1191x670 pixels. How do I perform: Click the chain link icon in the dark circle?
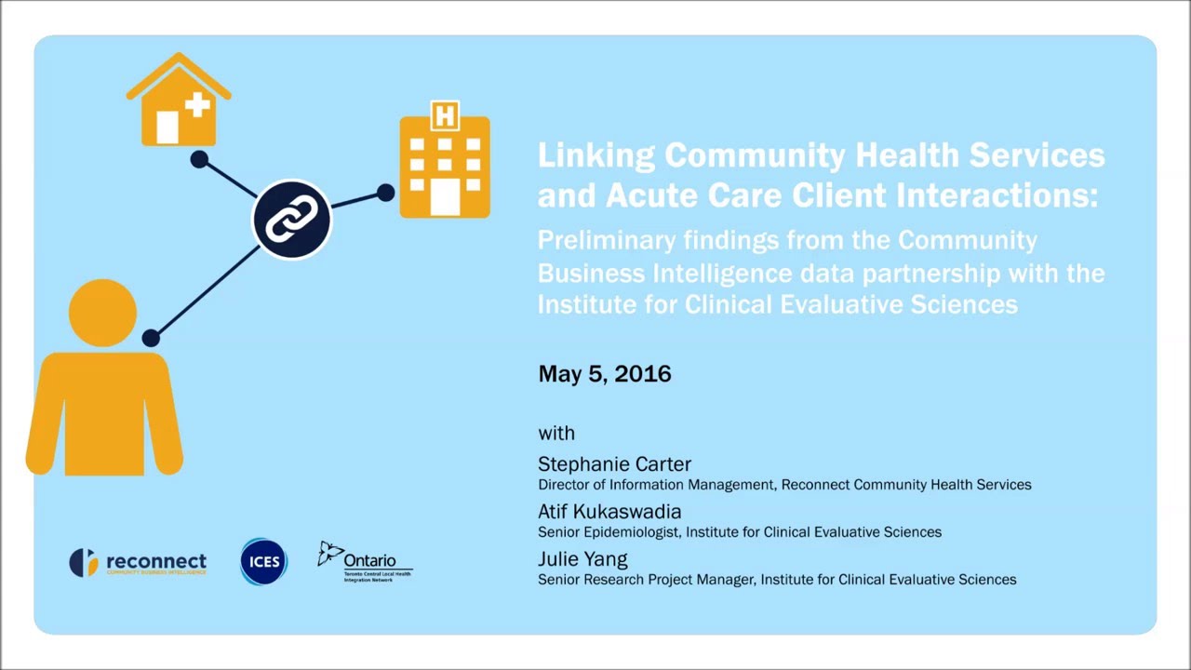(x=292, y=220)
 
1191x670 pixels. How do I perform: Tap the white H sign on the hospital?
(x=445, y=116)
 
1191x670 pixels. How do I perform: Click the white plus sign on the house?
(x=197, y=104)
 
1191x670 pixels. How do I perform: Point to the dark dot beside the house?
(x=199, y=159)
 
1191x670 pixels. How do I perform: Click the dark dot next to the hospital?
(x=385, y=193)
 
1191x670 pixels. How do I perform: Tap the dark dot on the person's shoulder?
(x=151, y=339)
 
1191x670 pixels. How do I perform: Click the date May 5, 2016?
(x=604, y=374)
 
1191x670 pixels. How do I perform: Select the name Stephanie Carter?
(x=614, y=463)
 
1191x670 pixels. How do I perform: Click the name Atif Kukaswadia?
(x=609, y=511)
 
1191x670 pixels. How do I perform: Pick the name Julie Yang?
(x=582, y=558)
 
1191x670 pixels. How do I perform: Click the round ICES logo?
(x=263, y=561)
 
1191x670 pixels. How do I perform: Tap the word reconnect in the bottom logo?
(x=156, y=561)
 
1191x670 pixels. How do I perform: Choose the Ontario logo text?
(x=369, y=560)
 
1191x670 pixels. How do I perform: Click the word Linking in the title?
(x=595, y=155)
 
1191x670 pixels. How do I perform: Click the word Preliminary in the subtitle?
(x=606, y=240)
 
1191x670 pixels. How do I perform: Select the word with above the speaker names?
(x=556, y=433)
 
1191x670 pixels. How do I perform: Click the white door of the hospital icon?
(x=445, y=197)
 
